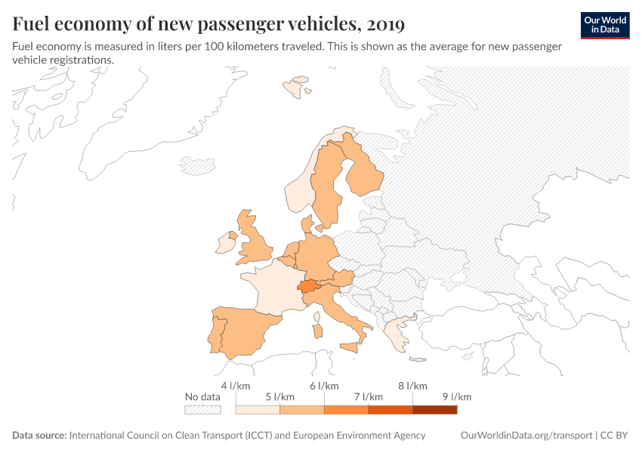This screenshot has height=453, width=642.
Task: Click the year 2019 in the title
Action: [x=384, y=24]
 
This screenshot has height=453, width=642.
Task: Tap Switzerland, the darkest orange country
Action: [x=307, y=286]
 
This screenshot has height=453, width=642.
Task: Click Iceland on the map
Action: [x=197, y=166]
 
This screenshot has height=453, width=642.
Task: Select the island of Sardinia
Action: [x=318, y=331]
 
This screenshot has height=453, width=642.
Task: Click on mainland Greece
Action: [x=393, y=332]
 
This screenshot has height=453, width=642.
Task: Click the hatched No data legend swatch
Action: [x=202, y=409]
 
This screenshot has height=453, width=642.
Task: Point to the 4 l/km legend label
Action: [x=235, y=386]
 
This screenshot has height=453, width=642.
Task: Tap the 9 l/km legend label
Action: [x=456, y=397]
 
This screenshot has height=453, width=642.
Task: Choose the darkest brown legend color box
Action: [x=434, y=409]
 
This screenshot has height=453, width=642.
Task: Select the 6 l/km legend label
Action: [x=324, y=386]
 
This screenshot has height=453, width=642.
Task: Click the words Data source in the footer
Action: [x=39, y=436]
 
